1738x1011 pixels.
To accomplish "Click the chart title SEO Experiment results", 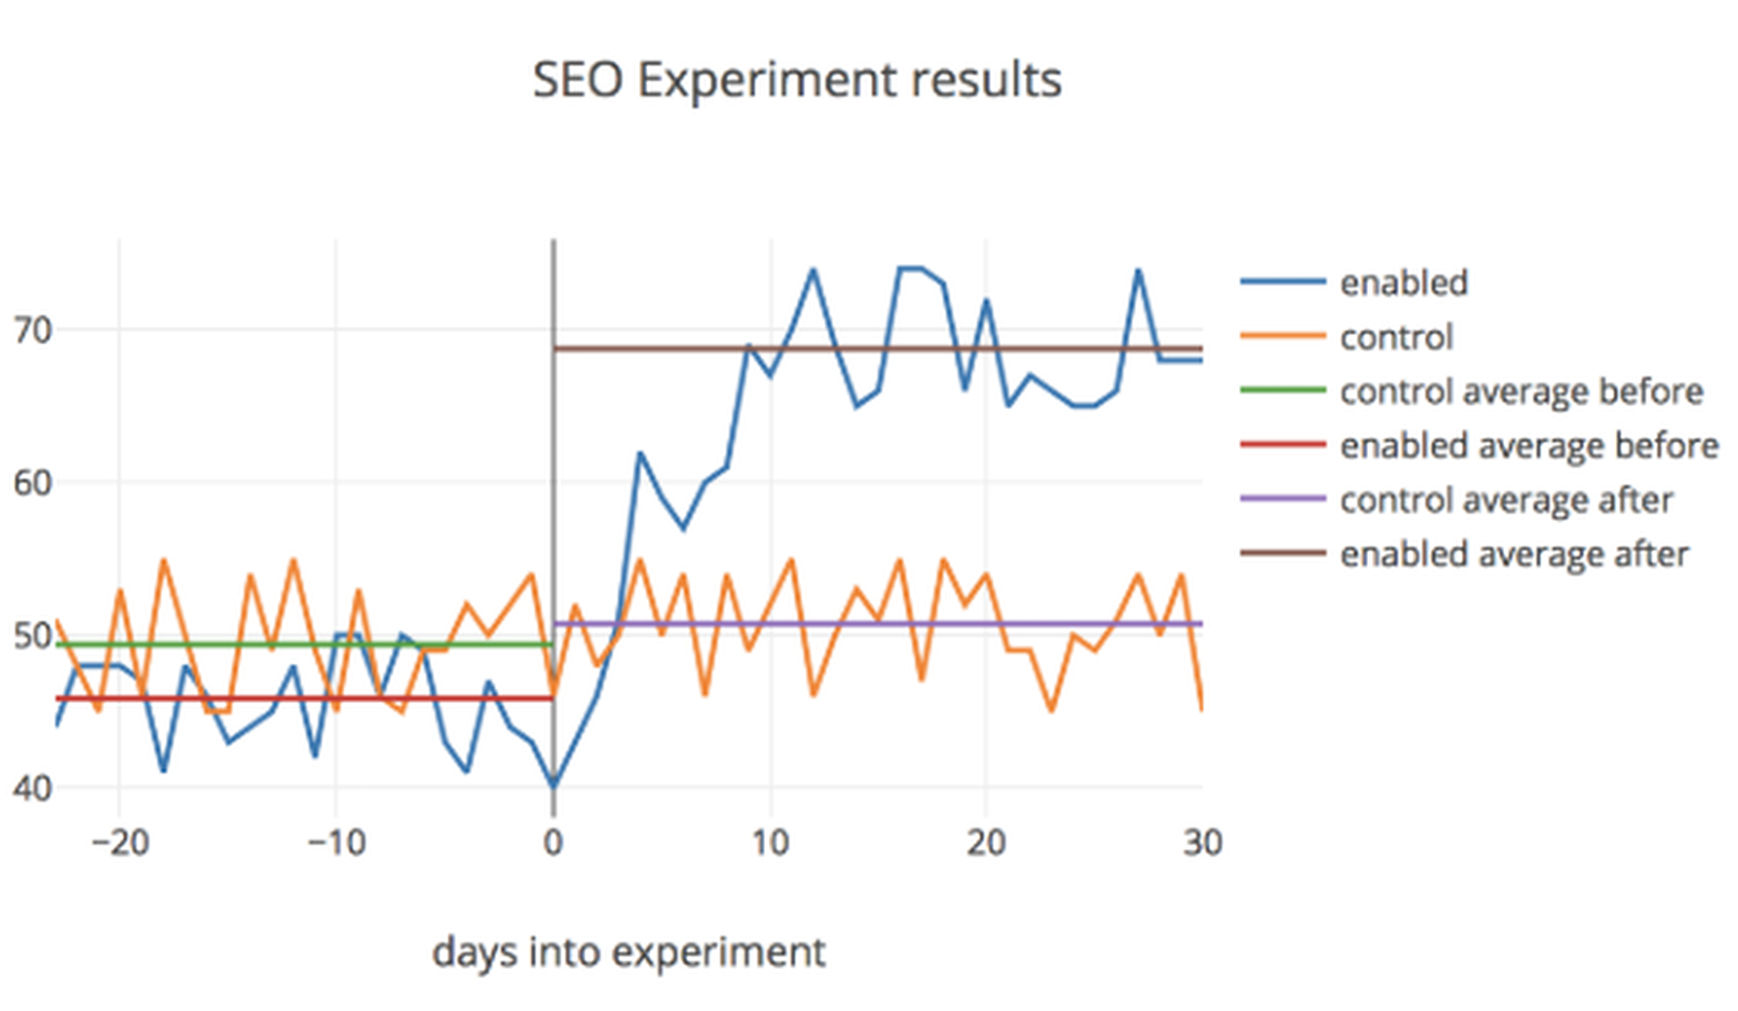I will (x=797, y=80).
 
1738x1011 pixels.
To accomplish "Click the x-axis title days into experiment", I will (x=628, y=952).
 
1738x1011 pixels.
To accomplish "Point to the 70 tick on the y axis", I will (x=32, y=330).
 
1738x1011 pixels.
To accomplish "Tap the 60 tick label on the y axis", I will (x=32, y=483).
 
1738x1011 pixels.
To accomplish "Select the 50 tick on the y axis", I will (x=32, y=636).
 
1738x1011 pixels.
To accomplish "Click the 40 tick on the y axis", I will (x=32, y=788).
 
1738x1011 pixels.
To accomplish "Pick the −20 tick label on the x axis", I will (x=120, y=843).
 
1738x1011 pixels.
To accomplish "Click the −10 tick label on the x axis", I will (x=336, y=843).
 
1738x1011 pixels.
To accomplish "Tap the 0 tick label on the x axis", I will (x=553, y=843).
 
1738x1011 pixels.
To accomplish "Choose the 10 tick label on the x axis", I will (x=770, y=843).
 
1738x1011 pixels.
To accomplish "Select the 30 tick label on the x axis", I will (x=1202, y=843).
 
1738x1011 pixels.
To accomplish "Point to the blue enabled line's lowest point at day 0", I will (x=553, y=786).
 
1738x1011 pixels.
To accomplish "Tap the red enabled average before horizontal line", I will (x=281, y=698).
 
